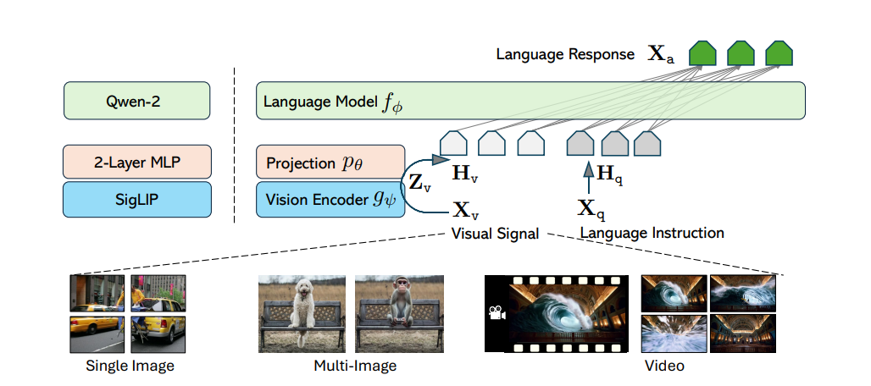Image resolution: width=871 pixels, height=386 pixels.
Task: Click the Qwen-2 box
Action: pyautogui.click(x=136, y=101)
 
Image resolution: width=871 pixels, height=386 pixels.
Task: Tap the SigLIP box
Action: pyautogui.click(x=136, y=200)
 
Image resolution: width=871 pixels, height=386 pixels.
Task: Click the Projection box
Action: pyautogui.click(x=330, y=162)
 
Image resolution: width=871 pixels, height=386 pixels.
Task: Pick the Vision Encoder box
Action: pyautogui.click(x=330, y=200)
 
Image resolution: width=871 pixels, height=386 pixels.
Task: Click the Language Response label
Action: pyautogui.click(x=565, y=55)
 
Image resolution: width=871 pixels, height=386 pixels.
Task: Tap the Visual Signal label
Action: pyautogui.click(x=495, y=233)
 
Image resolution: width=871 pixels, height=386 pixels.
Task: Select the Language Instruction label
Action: pyautogui.click(x=652, y=232)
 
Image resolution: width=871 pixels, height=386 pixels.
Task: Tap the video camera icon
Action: pyautogui.click(x=495, y=312)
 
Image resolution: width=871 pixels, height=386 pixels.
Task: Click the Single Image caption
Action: pyautogui.click(x=130, y=367)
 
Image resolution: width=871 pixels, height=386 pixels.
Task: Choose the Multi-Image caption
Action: pyautogui.click(x=355, y=367)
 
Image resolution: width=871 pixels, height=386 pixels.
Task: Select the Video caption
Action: pyautogui.click(x=666, y=367)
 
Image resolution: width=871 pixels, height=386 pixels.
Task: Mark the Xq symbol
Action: pyautogui.click(x=590, y=208)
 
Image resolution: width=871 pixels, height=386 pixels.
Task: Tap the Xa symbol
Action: pyautogui.click(x=661, y=55)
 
